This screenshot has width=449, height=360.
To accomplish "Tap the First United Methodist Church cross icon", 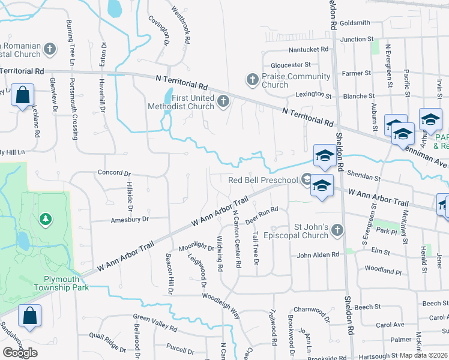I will (224, 100).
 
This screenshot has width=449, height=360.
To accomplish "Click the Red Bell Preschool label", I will (263, 180).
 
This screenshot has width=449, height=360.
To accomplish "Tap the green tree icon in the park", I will (46, 219).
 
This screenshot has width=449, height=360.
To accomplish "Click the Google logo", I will (20, 352).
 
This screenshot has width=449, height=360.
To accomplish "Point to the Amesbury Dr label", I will (129, 220).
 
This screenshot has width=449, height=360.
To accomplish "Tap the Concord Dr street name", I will (113, 173).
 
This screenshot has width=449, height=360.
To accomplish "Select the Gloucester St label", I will (291, 65).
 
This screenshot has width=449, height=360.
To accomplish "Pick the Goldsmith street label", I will (355, 23).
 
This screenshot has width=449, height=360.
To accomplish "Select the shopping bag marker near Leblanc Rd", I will (22, 95).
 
